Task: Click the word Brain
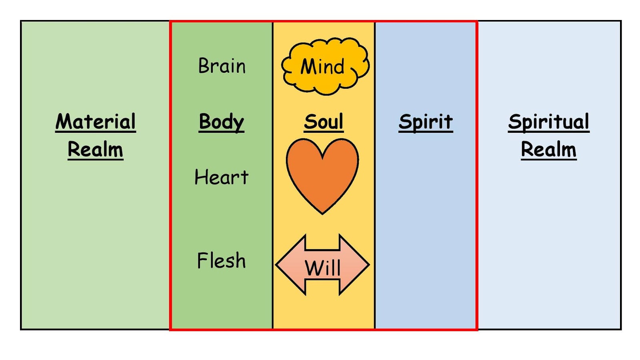point(222,66)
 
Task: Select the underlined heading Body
point(221,122)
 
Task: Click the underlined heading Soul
point(323,122)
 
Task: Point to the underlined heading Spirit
point(426,122)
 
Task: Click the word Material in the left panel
point(96,122)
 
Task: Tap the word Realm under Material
point(95,150)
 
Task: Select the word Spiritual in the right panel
point(548,122)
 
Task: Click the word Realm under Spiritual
point(548,150)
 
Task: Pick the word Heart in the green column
point(221,177)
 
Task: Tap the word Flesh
point(221,260)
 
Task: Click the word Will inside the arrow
point(322,267)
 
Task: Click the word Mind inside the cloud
point(322,66)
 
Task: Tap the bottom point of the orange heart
point(322,212)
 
